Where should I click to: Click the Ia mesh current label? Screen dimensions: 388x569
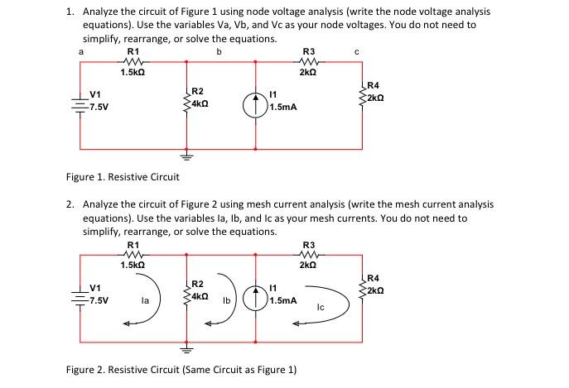(145, 302)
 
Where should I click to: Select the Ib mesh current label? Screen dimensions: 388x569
(225, 301)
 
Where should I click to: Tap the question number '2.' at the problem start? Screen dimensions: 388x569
(70, 204)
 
